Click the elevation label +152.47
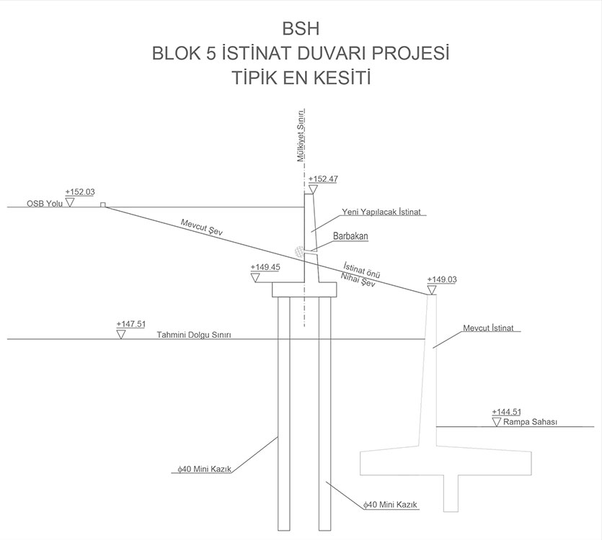click(x=323, y=179)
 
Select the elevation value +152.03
click(x=80, y=192)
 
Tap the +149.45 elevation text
click(x=265, y=267)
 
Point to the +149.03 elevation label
click(x=442, y=279)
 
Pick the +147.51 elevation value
click(x=130, y=325)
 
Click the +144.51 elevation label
click(x=506, y=412)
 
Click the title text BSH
click(x=301, y=30)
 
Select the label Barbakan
click(x=351, y=236)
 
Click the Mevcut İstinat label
click(x=490, y=328)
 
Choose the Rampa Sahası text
click(x=531, y=422)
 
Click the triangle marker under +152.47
click(x=312, y=189)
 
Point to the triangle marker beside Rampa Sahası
click(x=497, y=421)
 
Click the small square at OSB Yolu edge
click(x=103, y=205)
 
